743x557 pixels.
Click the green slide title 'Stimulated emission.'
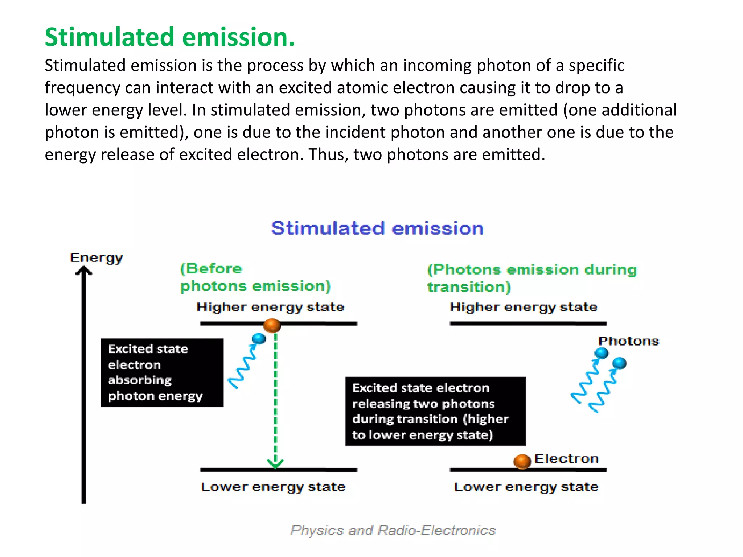(170, 37)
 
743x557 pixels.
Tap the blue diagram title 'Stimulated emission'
(377, 228)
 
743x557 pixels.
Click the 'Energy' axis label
(96, 258)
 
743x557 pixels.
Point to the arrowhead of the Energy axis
(84, 271)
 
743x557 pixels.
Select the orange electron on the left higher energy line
(272, 325)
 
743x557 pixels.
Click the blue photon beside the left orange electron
(259, 338)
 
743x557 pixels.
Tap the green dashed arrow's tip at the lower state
(275, 464)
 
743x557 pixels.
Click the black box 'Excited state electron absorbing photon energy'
(162, 372)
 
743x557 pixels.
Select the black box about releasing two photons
(435, 411)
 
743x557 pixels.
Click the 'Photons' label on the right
(628, 341)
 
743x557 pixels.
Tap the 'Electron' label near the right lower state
(566, 459)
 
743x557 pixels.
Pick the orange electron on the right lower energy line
(522, 461)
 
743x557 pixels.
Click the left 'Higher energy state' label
(270, 307)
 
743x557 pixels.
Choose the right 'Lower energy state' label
(526, 487)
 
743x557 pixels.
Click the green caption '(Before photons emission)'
(255, 277)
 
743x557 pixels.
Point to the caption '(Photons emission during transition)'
(532, 278)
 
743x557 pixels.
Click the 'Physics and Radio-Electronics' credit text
(393, 531)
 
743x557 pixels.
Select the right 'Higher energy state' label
(523, 307)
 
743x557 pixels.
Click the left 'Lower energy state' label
(273, 487)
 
